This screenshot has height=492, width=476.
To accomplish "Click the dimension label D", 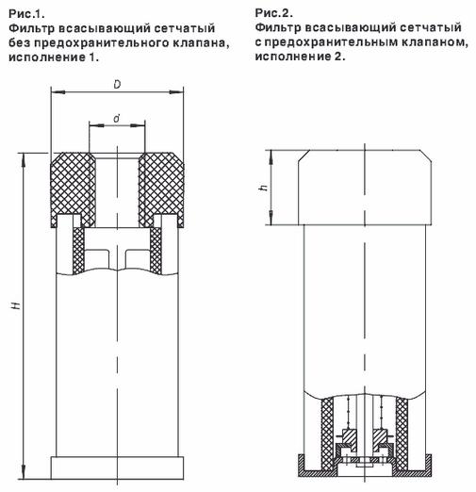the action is click(x=117, y=85).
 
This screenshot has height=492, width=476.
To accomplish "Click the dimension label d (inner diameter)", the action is click(x=117, y=119).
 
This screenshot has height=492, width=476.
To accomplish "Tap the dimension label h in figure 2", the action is click(x=264, y=188).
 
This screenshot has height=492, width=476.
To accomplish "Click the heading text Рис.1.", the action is click(x=26, y=13).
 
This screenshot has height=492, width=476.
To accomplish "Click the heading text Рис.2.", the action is click(x=274, y=13).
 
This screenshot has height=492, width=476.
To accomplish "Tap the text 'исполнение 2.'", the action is click(x=300, y=57).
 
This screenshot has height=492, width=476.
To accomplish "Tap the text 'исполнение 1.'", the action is click(x=54, y=57).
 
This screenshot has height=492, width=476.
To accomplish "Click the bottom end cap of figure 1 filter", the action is click(x=117, y=467).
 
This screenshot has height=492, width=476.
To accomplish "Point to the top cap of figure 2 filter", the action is click(x=365, y=188).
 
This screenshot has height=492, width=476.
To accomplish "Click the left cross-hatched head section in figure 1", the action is click(x=74, y=189).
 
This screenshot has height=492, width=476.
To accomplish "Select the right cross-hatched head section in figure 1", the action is click(x=161, y=189).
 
